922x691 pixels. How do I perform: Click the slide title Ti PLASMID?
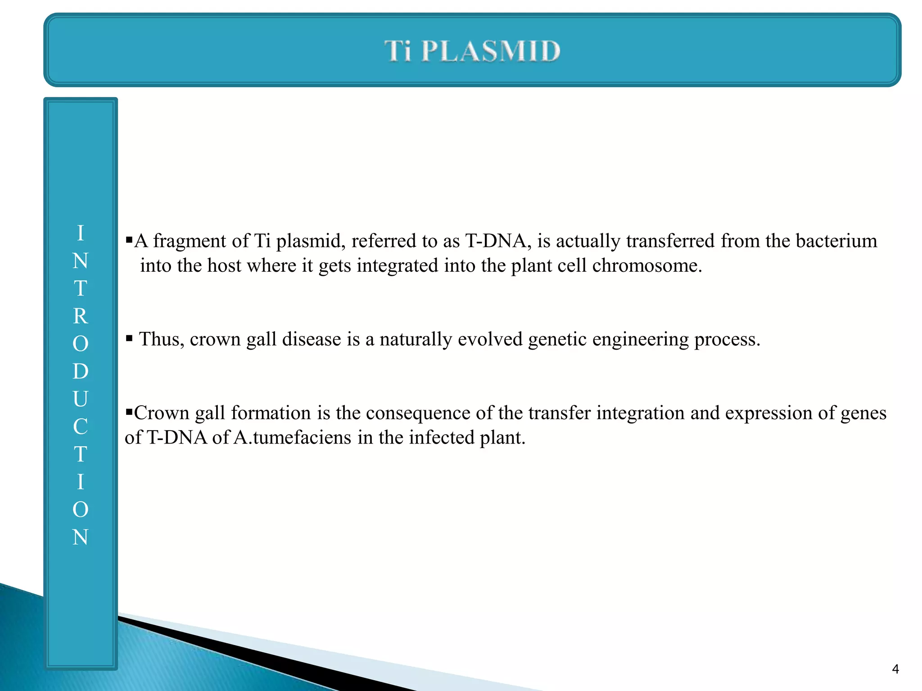(472, 50)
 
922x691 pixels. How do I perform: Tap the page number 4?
(895, 669)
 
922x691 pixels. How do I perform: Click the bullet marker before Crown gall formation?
(129, 411)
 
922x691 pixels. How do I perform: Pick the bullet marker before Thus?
(129, 338)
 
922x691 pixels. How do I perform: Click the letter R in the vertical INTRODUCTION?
(81, 316)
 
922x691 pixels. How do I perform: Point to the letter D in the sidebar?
(81, 371)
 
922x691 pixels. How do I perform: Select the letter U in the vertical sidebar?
(81, 399)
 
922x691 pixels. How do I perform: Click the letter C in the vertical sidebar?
(81, 426)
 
